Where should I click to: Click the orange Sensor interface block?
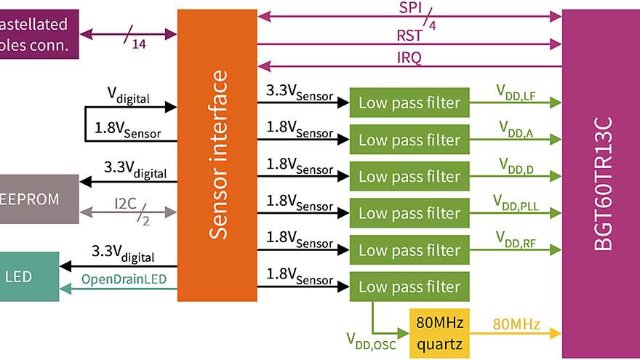click(x=217, y=155)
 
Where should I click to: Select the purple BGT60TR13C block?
click(x=601, y=182)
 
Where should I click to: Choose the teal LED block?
click(x=29, y=276)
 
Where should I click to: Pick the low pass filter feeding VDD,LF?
click(x=409, y=103)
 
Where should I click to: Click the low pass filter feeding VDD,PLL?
click(x=409, y=214)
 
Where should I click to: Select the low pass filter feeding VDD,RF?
click(x=409, y=250)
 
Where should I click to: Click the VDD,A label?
click(x=515, y=128)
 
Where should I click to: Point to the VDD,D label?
click(x=515, y=165)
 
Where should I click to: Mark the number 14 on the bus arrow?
click(x=138, y=44)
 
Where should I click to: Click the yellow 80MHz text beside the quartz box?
click(x=516, y=324)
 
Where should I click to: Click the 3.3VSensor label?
click(x=299, y=93)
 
